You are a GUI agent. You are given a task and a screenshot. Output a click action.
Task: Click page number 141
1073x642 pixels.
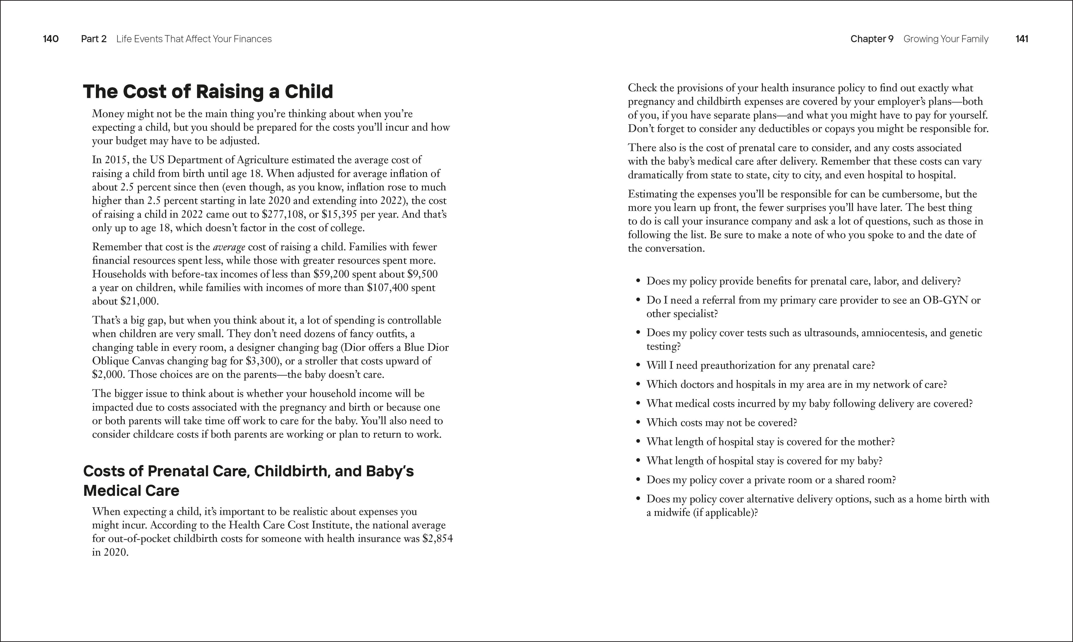[1022, 39]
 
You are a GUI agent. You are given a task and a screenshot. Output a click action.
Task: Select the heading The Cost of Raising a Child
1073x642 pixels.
[208, 92]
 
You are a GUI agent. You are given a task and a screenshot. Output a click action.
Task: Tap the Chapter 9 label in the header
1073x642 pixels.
[872, 39]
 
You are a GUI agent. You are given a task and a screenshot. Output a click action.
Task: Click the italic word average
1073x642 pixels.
[229, 247]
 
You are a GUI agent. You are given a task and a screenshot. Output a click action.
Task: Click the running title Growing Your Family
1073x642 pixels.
[946, 39]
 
